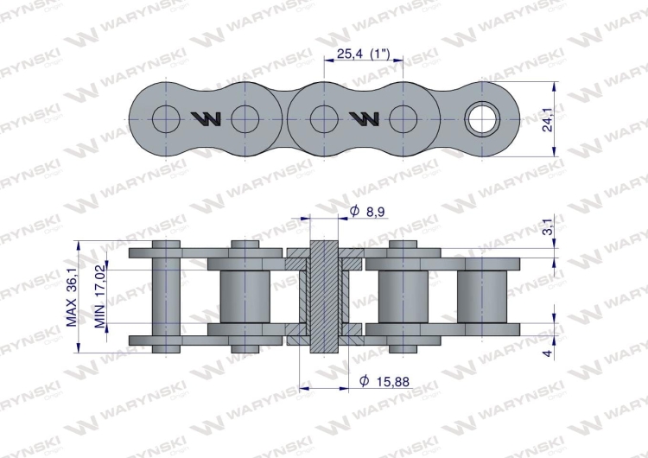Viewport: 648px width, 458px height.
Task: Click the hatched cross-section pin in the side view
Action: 324,298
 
